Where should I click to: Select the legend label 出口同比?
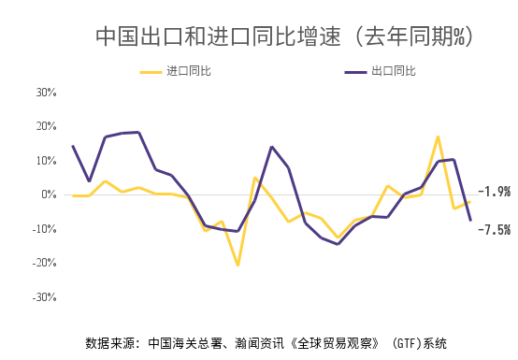pos(393,70)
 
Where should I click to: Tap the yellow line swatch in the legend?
pos(151,70)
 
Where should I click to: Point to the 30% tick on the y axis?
pos(46,93)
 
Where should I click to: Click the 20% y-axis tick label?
pos(46,126)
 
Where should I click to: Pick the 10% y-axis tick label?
pos(46,161)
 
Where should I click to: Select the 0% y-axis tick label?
pos(49,194)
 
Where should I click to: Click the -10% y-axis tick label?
pos(44,229)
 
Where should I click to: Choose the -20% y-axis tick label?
pos(44,263)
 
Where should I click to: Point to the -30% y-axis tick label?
pos(44,297)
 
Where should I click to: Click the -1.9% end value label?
pos(494,193)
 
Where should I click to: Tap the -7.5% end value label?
pos(494,229)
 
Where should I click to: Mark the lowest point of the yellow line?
pos(237,266)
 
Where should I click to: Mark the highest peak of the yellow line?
pos(438,137)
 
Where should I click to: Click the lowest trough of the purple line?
pos(338,244)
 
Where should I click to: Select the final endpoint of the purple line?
pos(470,220)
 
